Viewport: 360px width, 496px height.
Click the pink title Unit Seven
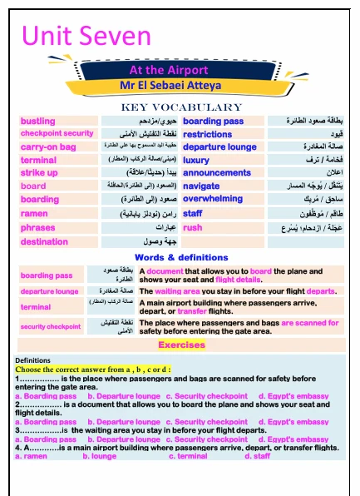(86, 36)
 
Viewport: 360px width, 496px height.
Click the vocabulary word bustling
(37, 122)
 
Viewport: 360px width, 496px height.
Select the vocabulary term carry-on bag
(48, 147)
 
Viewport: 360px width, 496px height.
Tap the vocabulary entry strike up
(39, 173)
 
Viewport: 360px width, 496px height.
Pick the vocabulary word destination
(44, 241)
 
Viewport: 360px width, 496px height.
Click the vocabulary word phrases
(38, 227)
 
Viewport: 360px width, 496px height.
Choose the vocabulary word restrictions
(208, 134)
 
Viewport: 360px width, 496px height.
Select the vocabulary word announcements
(216, 173)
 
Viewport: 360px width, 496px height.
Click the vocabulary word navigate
(201, 186)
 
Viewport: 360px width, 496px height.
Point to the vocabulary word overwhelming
(213, 200)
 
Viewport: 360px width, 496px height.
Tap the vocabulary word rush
(193, 227)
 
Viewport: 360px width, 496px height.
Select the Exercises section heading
(181, 344)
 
